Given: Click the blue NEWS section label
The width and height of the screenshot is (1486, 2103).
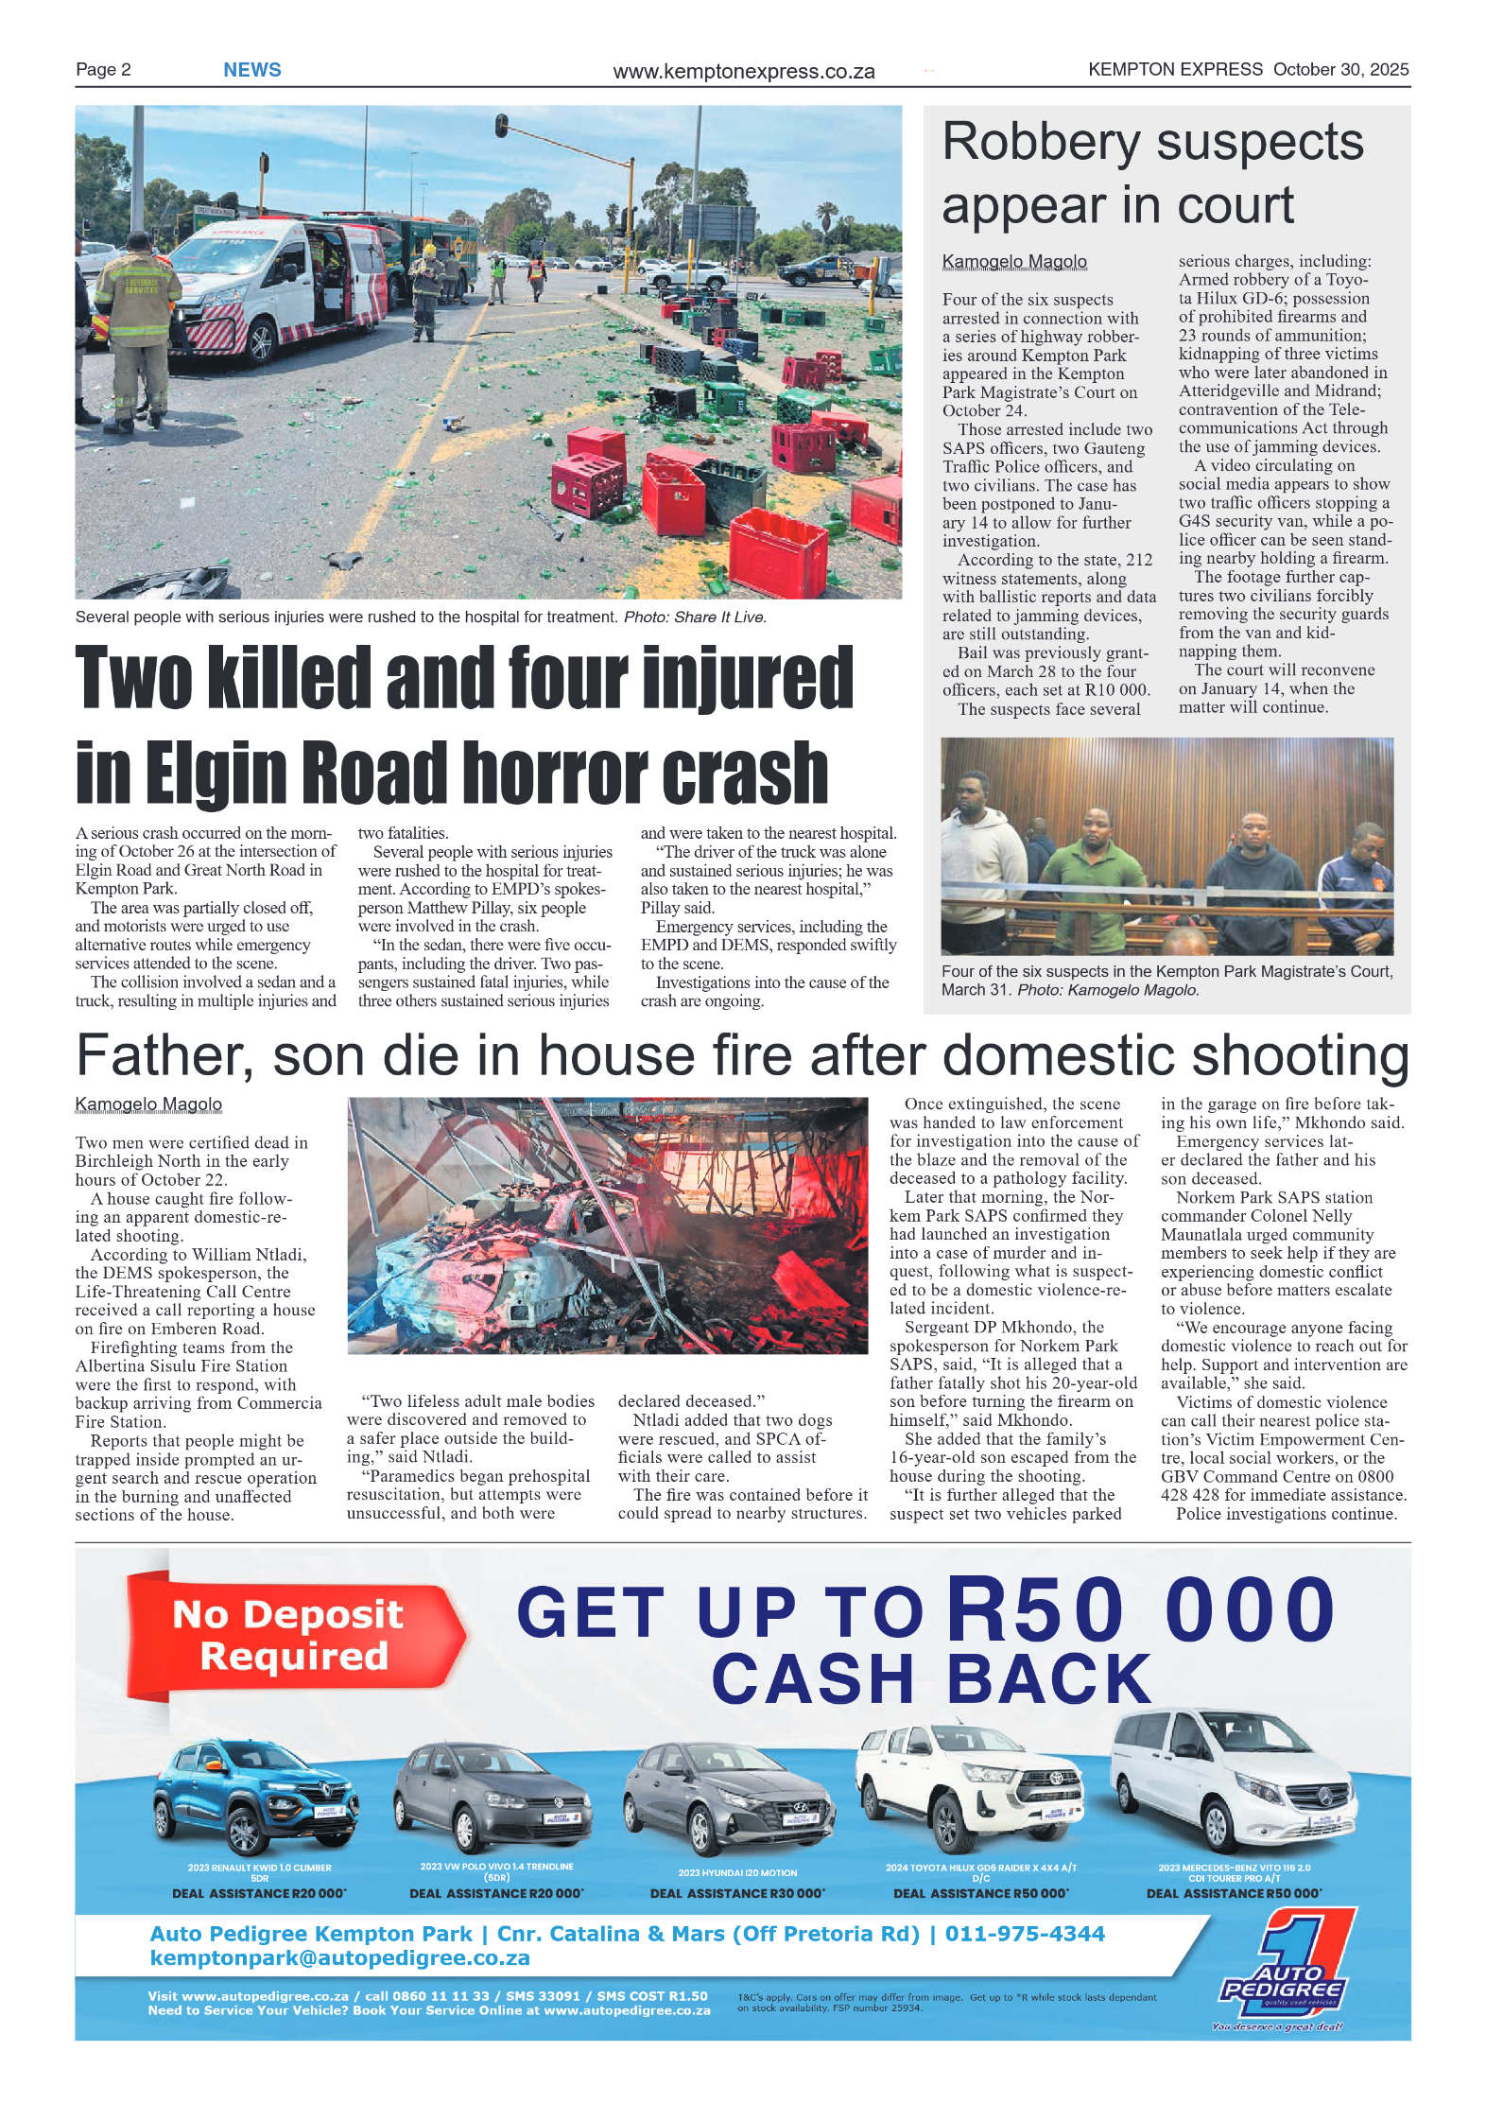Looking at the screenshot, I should pos(251,70).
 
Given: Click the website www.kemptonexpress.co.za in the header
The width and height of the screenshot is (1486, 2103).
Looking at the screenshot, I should pos(743,72).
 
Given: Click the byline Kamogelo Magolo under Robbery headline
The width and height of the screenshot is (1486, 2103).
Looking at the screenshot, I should pos(1013,261).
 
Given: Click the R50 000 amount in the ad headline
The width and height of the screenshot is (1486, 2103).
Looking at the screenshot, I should pos(1139,1610).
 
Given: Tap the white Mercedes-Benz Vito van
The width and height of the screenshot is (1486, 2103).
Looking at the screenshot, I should pos(1234,1778).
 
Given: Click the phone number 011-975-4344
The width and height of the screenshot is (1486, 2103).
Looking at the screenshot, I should pos(1025,1934).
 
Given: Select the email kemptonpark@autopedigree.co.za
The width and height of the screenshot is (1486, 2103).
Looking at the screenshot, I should pos(339,1957).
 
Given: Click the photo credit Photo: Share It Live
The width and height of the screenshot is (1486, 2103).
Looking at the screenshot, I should pos(695,617).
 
